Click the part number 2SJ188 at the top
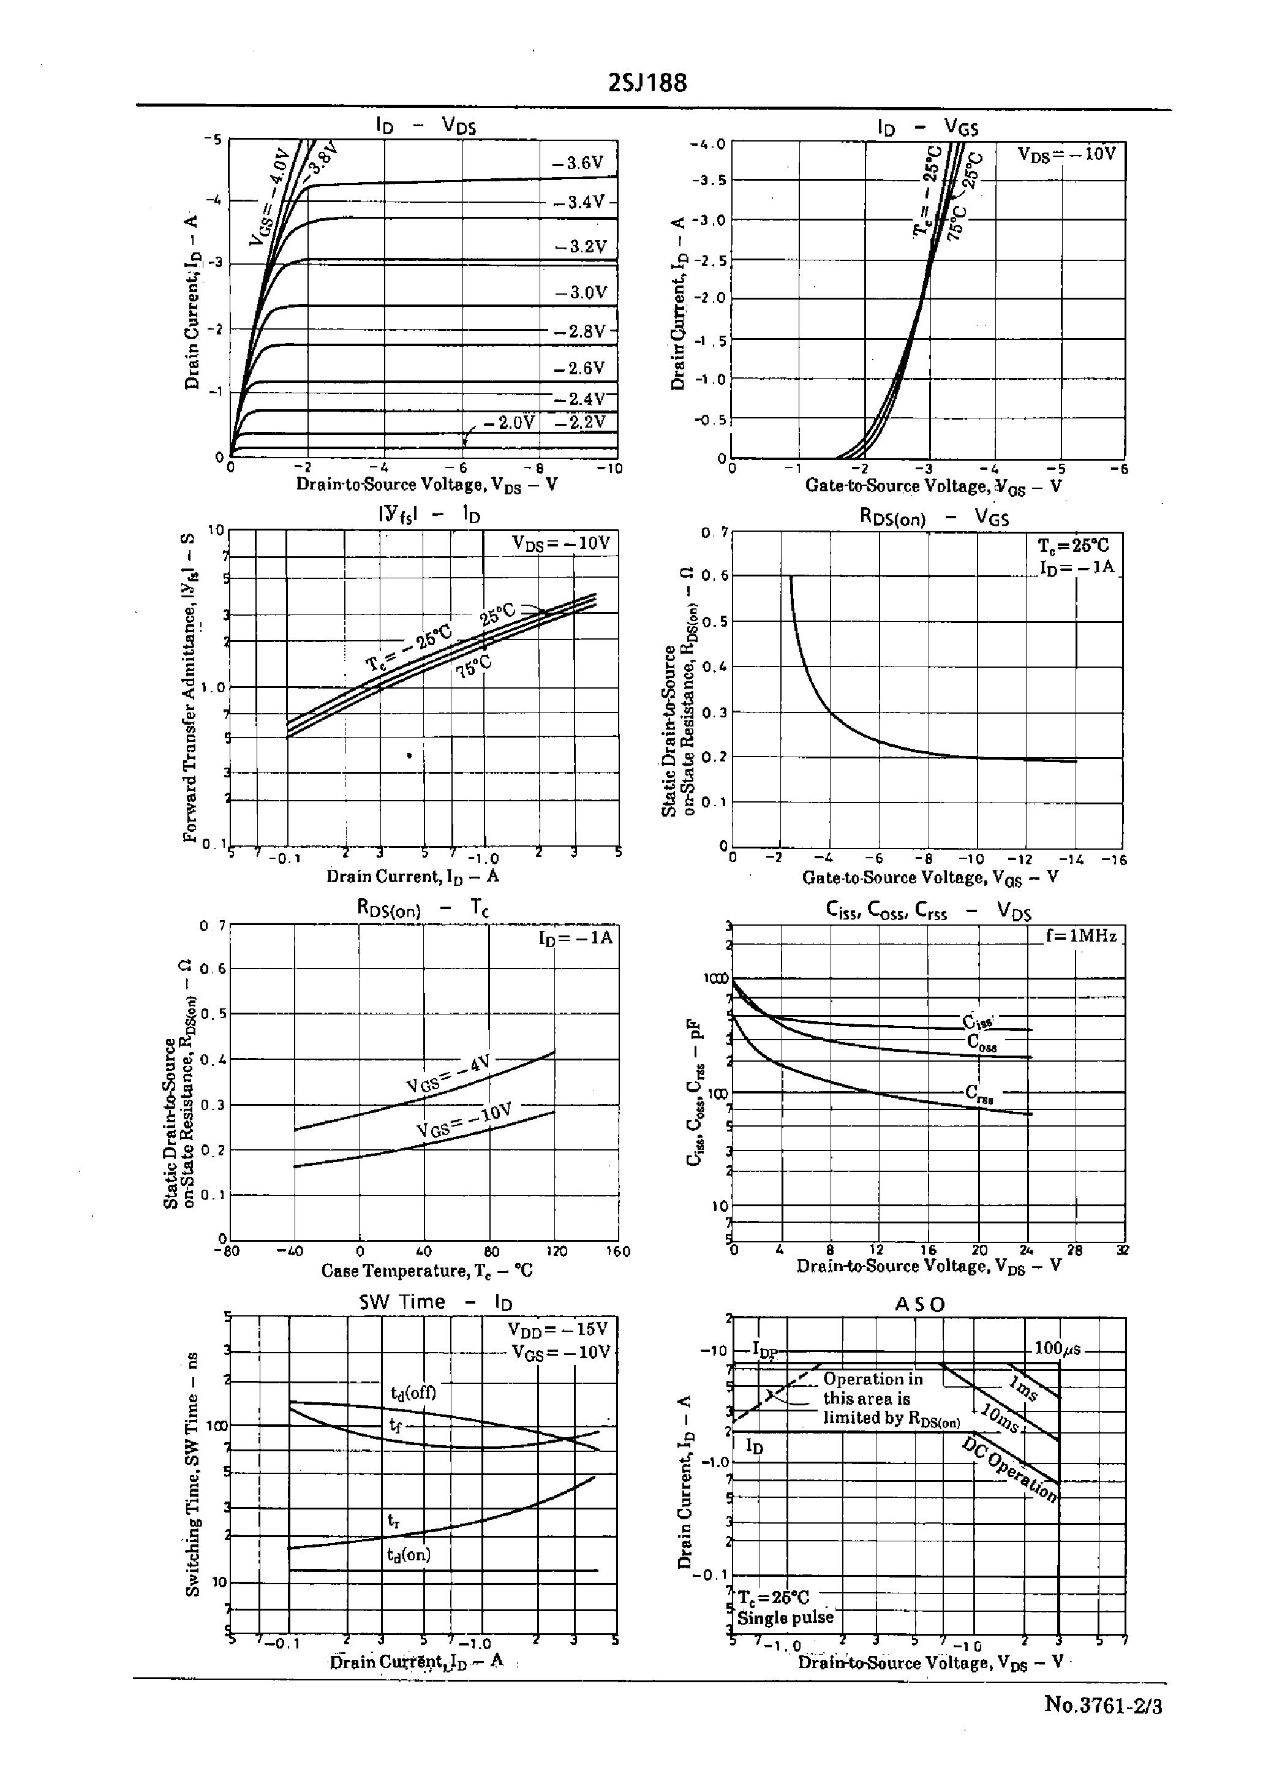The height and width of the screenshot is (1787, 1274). [647, 83]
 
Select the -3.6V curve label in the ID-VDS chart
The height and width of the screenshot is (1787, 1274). [578, 163]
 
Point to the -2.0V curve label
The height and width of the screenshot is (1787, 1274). [508, 423]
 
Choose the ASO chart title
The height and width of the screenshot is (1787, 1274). [920, 1304]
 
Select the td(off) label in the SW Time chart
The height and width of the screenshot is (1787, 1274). [413, 1393]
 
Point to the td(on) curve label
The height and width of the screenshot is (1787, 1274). [409, 1554]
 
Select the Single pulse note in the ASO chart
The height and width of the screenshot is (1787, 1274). [785, 1617]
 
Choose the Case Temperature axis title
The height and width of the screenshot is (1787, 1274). [427, 1270]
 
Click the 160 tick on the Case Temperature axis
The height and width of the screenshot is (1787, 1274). [618, 1251]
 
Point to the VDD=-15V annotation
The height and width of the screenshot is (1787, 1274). [558, 1329]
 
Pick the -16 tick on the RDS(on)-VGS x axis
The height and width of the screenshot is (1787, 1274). [1113, 859]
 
